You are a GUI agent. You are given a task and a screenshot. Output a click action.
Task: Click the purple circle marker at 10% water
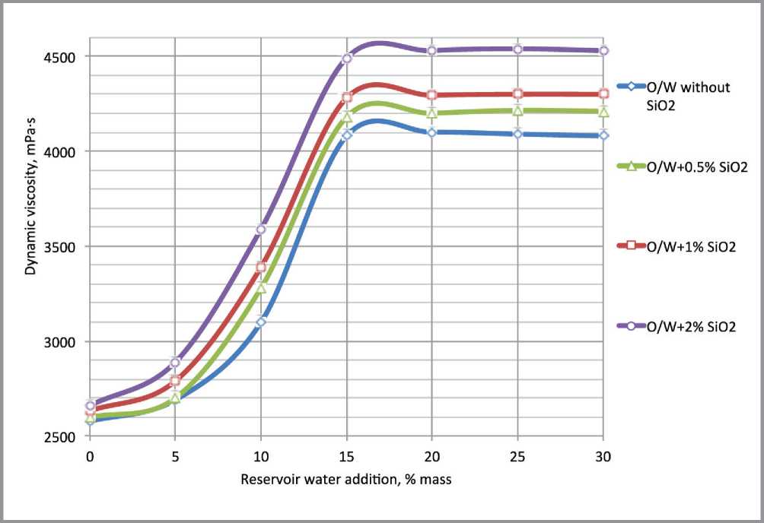pyautogui.click(x=261, y=229)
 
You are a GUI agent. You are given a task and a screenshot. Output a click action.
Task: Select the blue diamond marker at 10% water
pyautogui.click(x=261, y=322)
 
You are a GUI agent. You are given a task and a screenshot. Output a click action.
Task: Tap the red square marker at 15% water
pyautogui.click(x=347, y=97)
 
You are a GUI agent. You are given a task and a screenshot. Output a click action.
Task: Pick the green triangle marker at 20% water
pyautogui.click(x=432, y=113)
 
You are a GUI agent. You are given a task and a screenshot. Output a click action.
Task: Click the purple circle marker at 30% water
pyautogui.click(x=603, y=51)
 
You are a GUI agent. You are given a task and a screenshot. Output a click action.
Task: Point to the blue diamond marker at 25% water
pyautogui.click(x=518, y=134)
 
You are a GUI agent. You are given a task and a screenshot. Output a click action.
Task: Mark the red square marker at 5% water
pyautogui.click(x=175, y=380)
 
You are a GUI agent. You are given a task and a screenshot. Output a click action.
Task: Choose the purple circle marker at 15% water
pyautogui.click(x=347, y=59)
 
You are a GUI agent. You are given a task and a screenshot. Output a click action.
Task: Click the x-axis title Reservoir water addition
pyautogui.click(x=346, y=480)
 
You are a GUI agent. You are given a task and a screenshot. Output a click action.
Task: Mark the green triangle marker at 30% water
pyautogui.click(x=603, y=112)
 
